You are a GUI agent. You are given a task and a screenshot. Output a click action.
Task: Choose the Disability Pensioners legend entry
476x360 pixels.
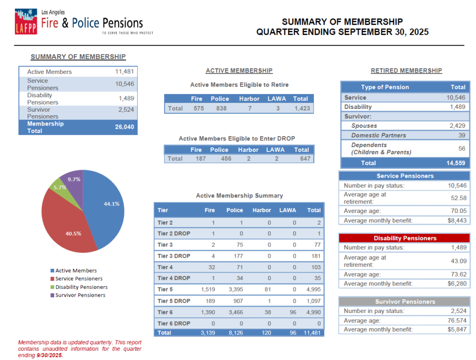(x=81, y=287)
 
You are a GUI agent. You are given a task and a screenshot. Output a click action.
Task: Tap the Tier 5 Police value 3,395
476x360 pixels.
(x=234, y=289)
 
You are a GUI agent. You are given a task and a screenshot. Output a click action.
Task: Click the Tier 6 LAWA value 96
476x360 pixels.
(x=293, y=312)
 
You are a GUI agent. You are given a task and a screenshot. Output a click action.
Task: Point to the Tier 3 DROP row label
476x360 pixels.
(x=174, y=255)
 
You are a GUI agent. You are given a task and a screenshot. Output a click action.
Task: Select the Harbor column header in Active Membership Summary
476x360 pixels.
(x=262, y=210)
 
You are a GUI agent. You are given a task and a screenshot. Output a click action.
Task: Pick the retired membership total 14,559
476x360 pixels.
(x=456, y=163)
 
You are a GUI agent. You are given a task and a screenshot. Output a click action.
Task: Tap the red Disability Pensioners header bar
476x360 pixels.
(x=404, y=238)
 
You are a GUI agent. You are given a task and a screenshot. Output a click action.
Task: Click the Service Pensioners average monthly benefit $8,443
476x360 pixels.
(x=456, y=220)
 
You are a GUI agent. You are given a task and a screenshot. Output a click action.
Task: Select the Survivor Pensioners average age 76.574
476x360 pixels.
(x=455, y=320)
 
